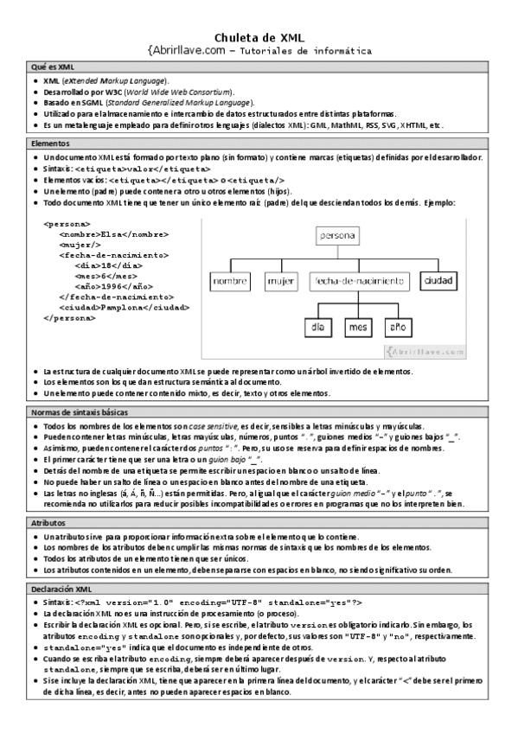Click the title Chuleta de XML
click(x=259, y=35)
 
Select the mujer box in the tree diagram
click(x=281, y=281)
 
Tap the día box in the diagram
click(x=317, y=328)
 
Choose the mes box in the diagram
click(x=357, y=328)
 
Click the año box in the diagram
click(x=398, y=328)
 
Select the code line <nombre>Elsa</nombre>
click(x=113, y=233)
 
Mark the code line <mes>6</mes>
click(x=108, y=276)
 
